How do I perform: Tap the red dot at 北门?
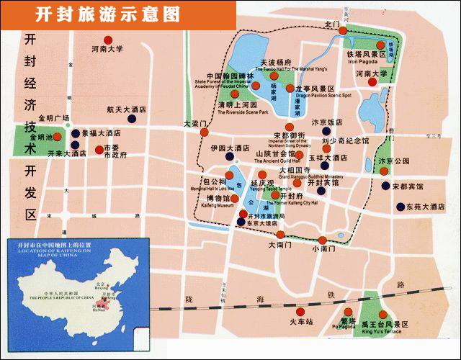(344, 31)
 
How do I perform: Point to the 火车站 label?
(302, 321)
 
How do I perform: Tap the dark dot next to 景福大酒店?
(74, 133)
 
